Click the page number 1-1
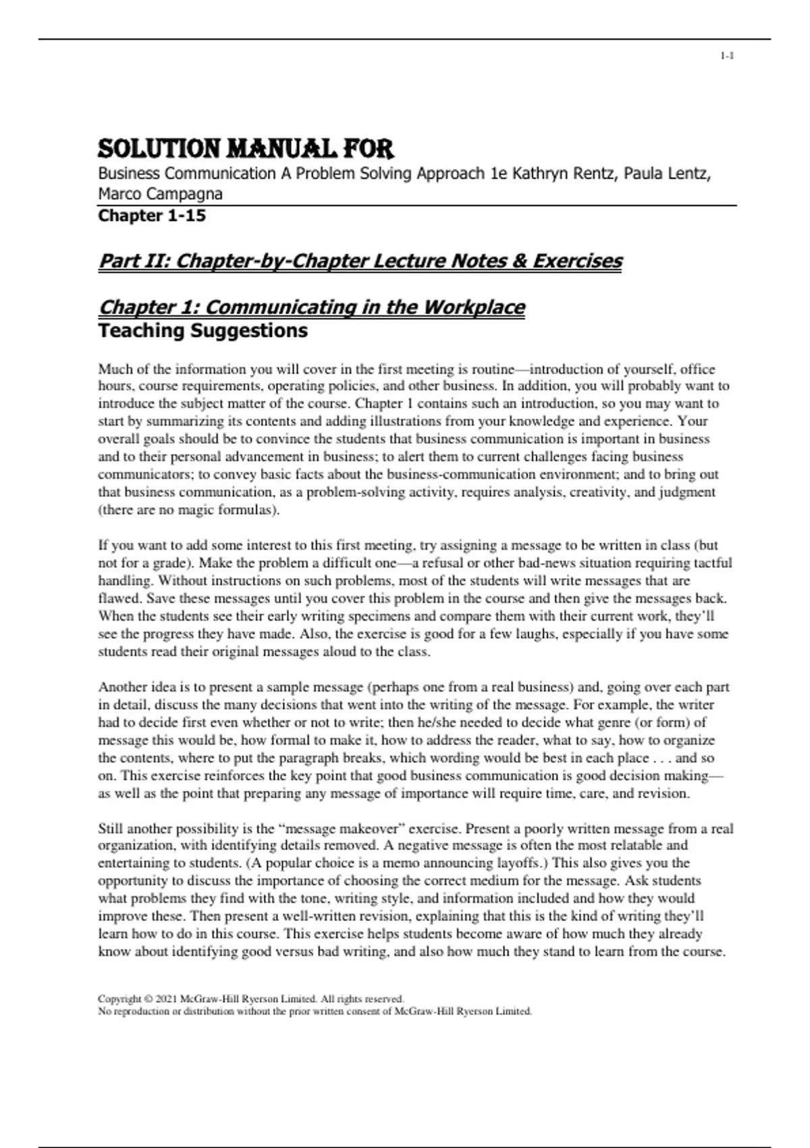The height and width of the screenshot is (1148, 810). click(x=727, y=56)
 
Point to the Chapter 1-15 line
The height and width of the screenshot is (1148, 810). click(x=152, y=216)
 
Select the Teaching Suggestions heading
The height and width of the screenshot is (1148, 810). click(x=202, y=331)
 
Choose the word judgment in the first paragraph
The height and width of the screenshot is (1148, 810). click(x=683, y=492)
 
